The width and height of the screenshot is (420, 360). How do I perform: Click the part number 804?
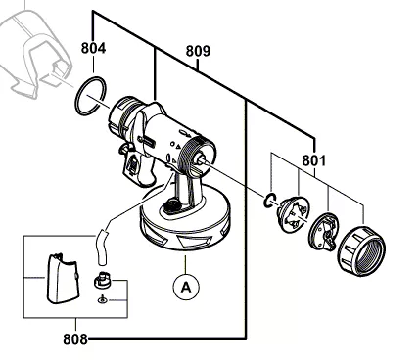click(x=93, y=47)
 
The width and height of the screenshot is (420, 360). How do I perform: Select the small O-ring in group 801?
click(x=266, y=202)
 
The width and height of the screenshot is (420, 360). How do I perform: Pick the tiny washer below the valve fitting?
click(x=100, y=304)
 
